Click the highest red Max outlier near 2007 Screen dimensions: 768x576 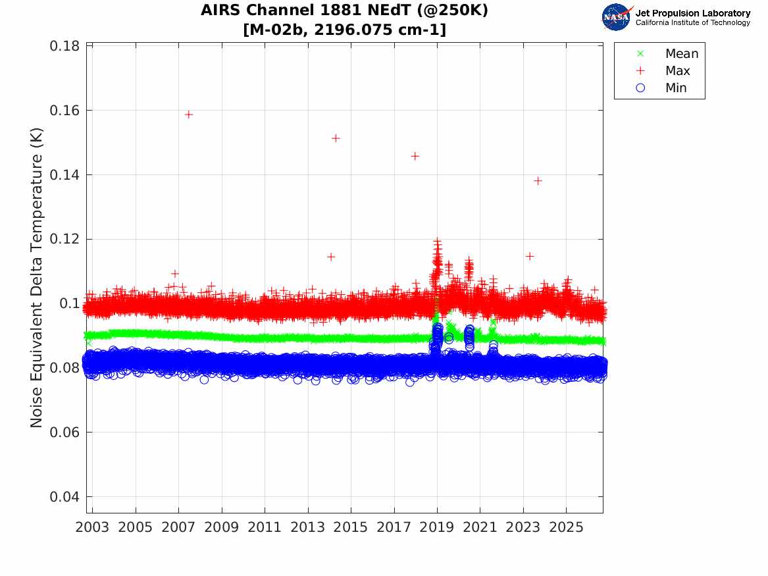point(189,115)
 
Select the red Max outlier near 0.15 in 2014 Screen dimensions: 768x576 point(336,138)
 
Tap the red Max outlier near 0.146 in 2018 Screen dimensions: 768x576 point(415,156)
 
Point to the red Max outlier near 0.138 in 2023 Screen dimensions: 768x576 point(538,181)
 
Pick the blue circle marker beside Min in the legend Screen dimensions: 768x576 point(640,88)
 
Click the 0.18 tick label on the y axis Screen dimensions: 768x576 point(64,46)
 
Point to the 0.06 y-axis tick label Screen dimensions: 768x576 point(64,432)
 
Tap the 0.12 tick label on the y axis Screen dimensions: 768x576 point(64,239)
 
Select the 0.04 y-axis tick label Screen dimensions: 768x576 point(64,496)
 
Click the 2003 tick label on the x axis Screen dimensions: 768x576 point(92,527)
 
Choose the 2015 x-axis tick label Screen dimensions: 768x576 point(351,527)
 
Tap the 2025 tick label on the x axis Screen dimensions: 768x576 point(566,527)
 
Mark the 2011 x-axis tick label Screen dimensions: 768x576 point(265,527)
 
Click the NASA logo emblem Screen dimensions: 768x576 point(617,17)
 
